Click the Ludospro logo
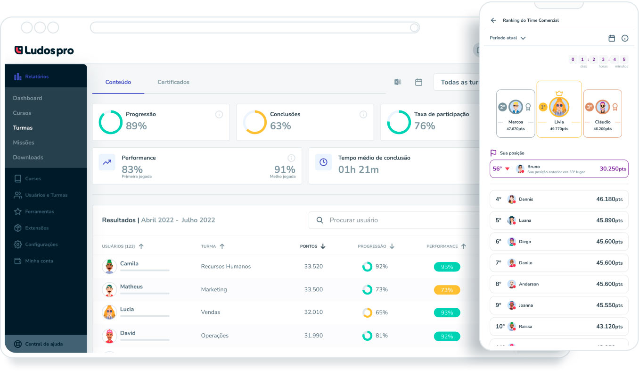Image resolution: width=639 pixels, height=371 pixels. pyautogui.click(x=44, y=51)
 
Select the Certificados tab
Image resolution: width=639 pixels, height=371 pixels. pyautogui.click(x=173, y=82)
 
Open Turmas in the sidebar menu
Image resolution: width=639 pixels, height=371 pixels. pyautogui.click(x=23, y=128)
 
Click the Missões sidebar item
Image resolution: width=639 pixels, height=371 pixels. pyautogui.click(x=24, y=143)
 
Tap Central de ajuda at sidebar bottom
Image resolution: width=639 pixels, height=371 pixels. pyautogui.click(x=43, y=344)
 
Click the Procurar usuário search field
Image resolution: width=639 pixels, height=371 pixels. pyautogui.click(x=396, y=220)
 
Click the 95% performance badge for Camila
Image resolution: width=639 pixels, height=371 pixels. pyautogui.click(x=446, y=267)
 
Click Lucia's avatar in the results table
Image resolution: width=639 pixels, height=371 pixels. pyautogui.click(x=109, y=312)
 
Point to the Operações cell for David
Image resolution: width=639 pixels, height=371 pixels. pyautogui.click(x=214, y=336)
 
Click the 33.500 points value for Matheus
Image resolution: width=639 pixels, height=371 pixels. pyautogui.click(x=313, y=290)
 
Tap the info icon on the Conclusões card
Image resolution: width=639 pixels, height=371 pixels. pyautogui.click(x=363, y=115)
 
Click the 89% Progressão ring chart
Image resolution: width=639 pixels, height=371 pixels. pyautogui.click(x=110, y=122)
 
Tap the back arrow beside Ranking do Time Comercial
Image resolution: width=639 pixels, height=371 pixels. pyautogui.click(x=493, y=20)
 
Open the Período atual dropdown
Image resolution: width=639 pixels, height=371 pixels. pyautogui.click(x=508, y=38)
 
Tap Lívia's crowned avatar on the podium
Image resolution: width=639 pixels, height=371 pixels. pyautogui.click(x=559, y=107)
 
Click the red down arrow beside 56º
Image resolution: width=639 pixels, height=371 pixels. pyautogui.click(x=508, y=169)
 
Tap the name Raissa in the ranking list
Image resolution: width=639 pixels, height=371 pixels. pyautogui.click(x=525, y=327)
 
